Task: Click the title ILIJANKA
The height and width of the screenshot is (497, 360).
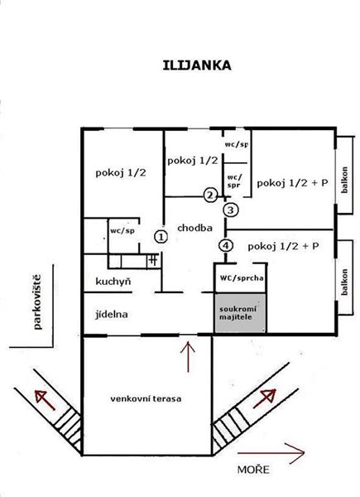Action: pyautogui.click(x=197, y=65)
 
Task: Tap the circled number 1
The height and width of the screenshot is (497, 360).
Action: pyautogui.click(x=161, y=237)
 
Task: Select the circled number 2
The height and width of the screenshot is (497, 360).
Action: pyautogui.click(x=210, y=195)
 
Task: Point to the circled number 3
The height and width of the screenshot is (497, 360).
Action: pyautogui.click(x=231, y=210)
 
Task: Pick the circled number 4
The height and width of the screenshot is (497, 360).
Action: pyautogui.click(x=226, y=246)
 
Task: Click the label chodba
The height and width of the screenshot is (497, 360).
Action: pyautogui.click(x=194, y=228)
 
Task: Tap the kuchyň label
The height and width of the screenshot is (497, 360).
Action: pyautogui.click(x=113, y=282)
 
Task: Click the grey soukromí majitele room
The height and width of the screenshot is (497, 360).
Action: pyautogui.click(x=241, y=313)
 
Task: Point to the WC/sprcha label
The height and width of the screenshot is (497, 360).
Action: pyautogui.click(x=242, y=278)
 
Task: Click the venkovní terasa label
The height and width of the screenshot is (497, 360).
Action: pyautogui.click(x=146, y=398)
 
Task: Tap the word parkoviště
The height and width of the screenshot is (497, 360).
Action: pyautogui.click(x=38, y=302)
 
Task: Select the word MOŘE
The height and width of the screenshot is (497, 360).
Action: pyautogui.click(x=253, y=470)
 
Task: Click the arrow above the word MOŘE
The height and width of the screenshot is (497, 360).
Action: pyautogui.click(x=271, y=453)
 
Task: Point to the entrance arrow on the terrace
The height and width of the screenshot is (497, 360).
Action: pyautogui.click(x=189, y=356)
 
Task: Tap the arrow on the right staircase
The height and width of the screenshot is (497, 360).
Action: pyautogui.click(x=265, y=398)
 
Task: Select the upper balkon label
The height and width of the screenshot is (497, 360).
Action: pyautogui.click(x=344, y=180)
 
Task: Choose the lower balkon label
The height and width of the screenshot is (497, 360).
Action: pyautogui.click(x=344, y=282)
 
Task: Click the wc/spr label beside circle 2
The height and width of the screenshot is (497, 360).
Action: pyautogui.click(x=234, y=181)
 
